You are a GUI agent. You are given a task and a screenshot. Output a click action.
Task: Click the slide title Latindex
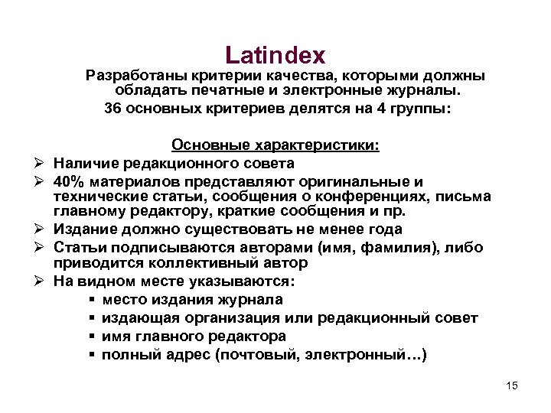point(275,55)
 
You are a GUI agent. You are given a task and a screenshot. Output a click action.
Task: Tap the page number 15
point(512,385)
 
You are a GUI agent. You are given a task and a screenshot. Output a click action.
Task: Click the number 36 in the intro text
point(112,108)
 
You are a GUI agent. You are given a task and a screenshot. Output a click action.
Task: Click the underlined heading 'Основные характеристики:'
point(275,145)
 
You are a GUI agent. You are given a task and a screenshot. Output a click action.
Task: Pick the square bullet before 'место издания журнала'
point(92,300)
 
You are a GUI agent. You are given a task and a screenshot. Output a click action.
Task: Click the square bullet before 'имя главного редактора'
point(92,337)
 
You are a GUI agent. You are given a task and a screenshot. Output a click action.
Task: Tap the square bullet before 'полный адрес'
point(92,355)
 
